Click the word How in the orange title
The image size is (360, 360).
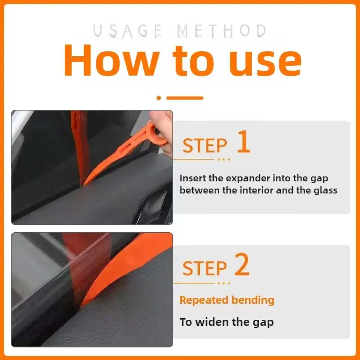[111, 60]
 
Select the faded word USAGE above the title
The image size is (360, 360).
[128, 31]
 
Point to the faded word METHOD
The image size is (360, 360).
[221, 31]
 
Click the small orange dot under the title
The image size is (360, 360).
[159, 98]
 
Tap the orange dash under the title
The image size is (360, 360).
[185, 98]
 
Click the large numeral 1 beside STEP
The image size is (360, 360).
[244, 141]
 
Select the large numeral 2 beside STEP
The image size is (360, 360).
[242, 264]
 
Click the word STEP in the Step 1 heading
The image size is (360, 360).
[205, 145]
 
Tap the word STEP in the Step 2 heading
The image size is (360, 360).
[205, 268]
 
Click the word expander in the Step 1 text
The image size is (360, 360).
[246, 179]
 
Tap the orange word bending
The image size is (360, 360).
[253, 301]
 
